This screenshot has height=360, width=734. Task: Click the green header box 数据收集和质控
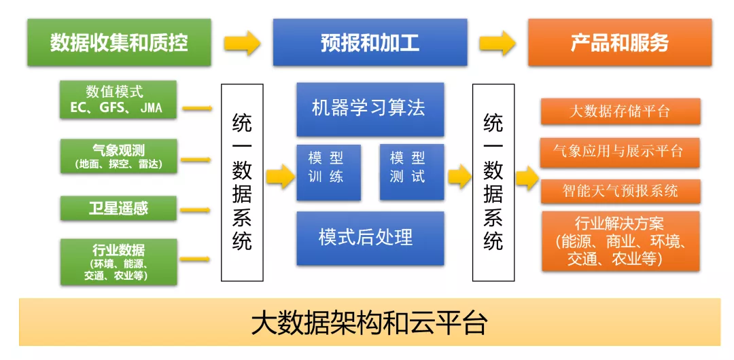pos(119,43)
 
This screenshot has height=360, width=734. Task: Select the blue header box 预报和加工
pos(370,43)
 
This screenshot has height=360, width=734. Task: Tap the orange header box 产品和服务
pos(620,43)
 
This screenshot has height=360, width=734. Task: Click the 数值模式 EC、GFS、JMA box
pos(118,99)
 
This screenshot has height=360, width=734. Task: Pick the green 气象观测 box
pos(118,156)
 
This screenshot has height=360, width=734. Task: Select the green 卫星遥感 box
pos(118,209)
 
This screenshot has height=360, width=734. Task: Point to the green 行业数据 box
pos(118,262)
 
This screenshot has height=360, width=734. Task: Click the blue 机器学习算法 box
pos(370,109)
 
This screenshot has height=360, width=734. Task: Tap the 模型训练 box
pos(329,173)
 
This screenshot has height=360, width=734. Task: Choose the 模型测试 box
pos(411,172)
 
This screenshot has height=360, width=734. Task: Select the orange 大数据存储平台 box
pos(621,111)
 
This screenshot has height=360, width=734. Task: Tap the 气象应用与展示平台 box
pos(620,152)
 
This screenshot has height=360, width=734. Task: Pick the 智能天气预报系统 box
pos(621,192)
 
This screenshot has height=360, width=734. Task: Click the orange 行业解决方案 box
pos(621,241)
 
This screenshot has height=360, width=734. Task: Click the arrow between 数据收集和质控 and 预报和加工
pos(242,43)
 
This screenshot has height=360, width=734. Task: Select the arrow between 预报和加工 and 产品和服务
pos(497,43)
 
